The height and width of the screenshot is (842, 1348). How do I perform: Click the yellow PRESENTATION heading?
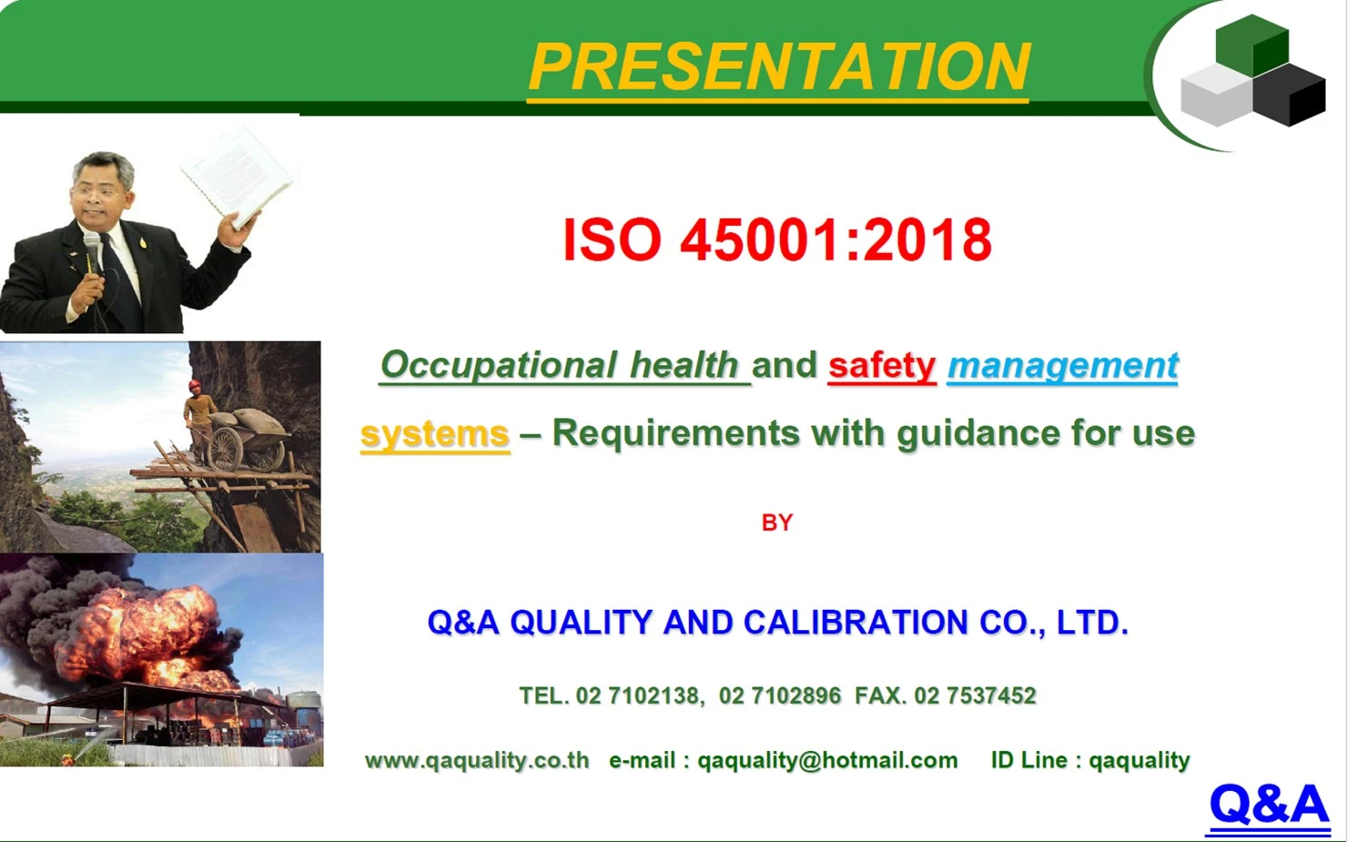[x=779, y=66]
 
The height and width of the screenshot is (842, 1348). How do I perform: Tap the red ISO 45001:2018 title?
[x=777, y=239]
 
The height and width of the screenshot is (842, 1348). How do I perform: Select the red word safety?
[x=882, y=365]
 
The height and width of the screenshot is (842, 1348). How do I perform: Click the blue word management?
[x=1063, y=365]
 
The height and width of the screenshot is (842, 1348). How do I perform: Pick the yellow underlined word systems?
[x=435, y=433]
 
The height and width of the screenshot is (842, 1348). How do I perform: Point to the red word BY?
[x=777, y=522]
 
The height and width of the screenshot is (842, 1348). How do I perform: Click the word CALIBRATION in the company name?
[x=856, y=622]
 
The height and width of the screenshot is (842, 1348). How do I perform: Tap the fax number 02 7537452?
[x=975, y=695]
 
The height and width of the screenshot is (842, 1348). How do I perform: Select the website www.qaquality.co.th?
[x=477, y=760]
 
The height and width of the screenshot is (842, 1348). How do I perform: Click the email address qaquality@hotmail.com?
[x=827, y=760]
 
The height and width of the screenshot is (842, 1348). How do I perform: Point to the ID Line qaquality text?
[x=1090, y=760]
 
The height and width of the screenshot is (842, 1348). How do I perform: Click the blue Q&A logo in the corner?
[x=1269, y=804]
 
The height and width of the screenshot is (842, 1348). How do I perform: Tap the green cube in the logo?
[x=1252, y=46]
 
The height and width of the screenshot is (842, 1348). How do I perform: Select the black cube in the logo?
[x=1289, y=95]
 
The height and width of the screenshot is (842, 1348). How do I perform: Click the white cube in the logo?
[x=1217, y=95]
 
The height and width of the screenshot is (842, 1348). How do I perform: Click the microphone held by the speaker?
[x=92, y=253]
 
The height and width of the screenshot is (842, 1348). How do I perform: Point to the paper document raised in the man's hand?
[x=236, y=176]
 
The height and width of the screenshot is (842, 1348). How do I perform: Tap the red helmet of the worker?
[x=195, y=385]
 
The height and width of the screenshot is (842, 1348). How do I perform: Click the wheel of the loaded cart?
[x=225, y=449]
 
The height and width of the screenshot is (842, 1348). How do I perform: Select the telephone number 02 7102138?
[x=637, y=695]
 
